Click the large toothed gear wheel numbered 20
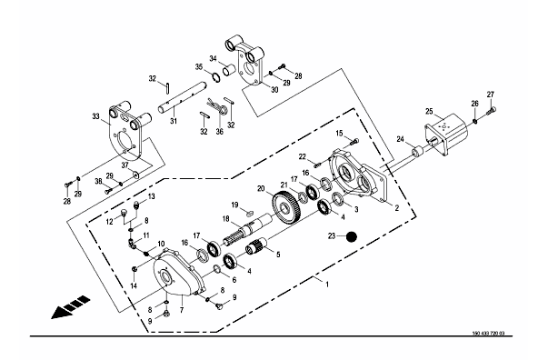pyautogui.click(x=286, y=209)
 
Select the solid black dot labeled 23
pyautogui.click(x=352, y=236)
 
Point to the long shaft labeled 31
pyautogui.click(x=182, y=98)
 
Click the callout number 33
pyautogui.click(x=95, y=116)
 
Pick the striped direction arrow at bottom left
pyautogui.click(x=71, y=307)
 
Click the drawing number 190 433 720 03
pyautogui.click(x=488, y=333)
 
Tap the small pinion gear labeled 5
pyautogui.click(x=257, y=245)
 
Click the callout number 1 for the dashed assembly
pyautogui.click(x=327, y=285)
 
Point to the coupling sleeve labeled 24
pyautogui.click(x=417, y=152)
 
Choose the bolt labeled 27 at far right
pyautogui.click(x=492, y=112)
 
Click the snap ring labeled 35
pyautogui.click(x=215, y=77)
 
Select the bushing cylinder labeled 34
pyautogui.click(x=230, y=70)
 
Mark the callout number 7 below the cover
pyautogui.click(x=182, y=310)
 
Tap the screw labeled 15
pyautogui.click(x=354, y=142)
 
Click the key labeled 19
pyautogui.click(x=250, y=212)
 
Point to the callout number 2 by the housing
pyautogui.click(x=396, y=208)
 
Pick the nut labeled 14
pyautogui.click(x=134, y=269)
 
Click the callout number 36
pyautogui.click(x=219, y=132)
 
